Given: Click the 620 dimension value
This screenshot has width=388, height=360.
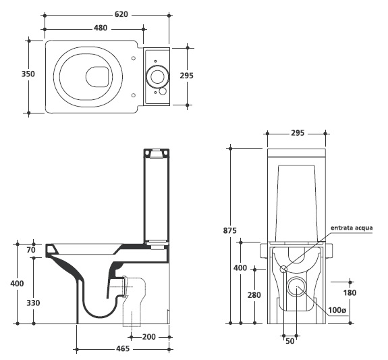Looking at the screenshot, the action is (x=121, y=14).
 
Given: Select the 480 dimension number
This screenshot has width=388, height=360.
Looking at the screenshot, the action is (x=101, y=28).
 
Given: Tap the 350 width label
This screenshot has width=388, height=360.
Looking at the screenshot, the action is (x=28, y=74).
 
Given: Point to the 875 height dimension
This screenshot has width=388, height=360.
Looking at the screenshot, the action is (x=230, y=230).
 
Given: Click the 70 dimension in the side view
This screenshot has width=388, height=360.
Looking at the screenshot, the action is (x=31, y=250).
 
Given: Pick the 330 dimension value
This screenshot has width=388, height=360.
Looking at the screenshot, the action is (x=33, y=303).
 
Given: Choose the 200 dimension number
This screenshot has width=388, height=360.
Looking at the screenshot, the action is (x=149, y=337).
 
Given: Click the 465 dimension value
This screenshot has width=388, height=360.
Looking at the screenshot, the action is (x=123, y=349).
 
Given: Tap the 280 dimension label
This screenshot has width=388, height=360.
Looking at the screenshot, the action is (x=254, y=295).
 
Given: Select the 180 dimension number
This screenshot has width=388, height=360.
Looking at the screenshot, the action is (x=350, y=293).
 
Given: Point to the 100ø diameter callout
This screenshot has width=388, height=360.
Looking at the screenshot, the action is (x=337, y=310).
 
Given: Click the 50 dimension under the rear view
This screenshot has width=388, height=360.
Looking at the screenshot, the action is (x=290, y=341).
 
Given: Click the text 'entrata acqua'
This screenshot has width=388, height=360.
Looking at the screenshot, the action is (x=352, y=228).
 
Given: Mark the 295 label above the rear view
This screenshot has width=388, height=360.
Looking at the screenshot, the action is (x=298, y=133).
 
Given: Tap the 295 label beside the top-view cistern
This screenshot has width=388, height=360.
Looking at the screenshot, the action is (x=186, y=76).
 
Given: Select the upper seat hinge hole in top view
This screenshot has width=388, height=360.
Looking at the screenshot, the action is (x=134, y=58).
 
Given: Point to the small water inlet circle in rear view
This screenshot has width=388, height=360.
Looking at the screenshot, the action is (x=283, y=268).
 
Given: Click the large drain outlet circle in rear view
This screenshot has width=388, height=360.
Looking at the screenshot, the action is (x=296, y=286).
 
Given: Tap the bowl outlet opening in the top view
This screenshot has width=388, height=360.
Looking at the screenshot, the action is (x=97, y=77).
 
